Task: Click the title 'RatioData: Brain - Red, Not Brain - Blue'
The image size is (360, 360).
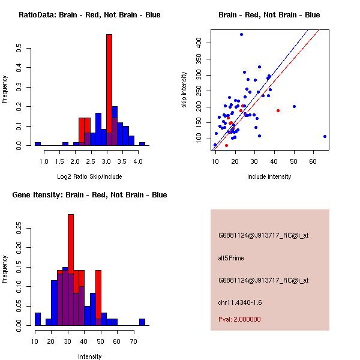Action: (x=89, y=15)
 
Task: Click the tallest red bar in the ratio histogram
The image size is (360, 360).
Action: (x=109, y=90)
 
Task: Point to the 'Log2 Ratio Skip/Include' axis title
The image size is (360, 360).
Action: (x=89, y=177)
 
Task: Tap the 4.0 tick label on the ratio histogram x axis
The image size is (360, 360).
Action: (x=138, y=161)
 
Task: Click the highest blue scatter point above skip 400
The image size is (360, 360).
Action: (x=241, y=35)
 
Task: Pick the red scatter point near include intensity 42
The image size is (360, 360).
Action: (x=278, y=110)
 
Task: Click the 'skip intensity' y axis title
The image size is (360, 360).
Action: (x=185, y=90)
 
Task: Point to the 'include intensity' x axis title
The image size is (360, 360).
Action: (x=269, y=176)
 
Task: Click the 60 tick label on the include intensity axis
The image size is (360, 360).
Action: (x=313, y=161)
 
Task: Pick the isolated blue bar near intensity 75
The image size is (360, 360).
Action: (x=142, y=322)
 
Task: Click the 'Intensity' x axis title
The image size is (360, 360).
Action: (x=90, y=356)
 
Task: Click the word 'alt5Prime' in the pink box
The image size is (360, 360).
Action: (x=231, y=258)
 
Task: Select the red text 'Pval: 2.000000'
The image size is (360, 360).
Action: (x=239, y=319)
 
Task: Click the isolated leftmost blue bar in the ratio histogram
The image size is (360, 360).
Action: (x=38, y=144)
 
